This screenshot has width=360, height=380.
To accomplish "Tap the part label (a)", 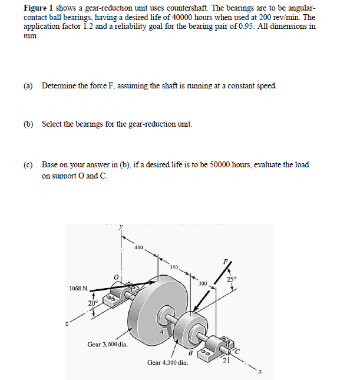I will pyautogui.click(x=28, y=86).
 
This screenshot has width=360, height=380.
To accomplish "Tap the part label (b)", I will pyautogui.click(x=28, y=124).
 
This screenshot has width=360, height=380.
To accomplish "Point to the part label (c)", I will pyautogui.click(x=28, y=164).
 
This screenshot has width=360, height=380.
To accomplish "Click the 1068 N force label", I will pyautogui.click(x=78, y=289).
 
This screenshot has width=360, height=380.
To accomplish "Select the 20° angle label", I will pyautogui.click(x=93, y=303).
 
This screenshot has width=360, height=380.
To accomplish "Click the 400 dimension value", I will pyautogui.click(x=138, y=247).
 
